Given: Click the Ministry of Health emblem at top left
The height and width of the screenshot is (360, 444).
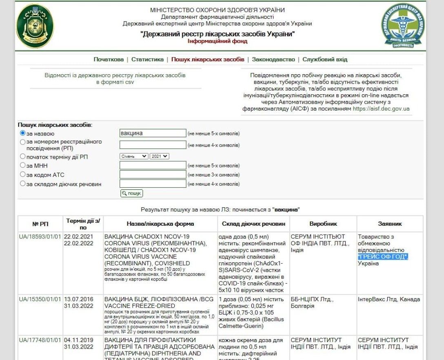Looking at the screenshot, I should pos(35,26).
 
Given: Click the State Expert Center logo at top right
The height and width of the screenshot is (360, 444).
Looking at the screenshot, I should pos(402,26).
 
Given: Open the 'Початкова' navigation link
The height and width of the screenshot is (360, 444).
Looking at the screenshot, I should pos(109,60).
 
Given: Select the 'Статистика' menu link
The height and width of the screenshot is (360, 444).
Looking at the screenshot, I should pos(147,60).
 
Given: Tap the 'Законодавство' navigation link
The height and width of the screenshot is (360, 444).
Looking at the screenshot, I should pos(273,60).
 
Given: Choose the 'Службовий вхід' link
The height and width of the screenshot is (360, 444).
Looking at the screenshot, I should pos(325,60).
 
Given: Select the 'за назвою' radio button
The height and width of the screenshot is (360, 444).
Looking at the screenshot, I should pos(23,133).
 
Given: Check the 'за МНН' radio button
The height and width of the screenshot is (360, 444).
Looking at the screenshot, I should pos(23,165).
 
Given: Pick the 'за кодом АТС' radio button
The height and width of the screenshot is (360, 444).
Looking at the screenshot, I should pos(23,175).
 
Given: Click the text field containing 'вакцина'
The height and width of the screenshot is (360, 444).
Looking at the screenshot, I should pos(153,133).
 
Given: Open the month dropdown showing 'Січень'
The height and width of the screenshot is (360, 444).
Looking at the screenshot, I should pos(134,156).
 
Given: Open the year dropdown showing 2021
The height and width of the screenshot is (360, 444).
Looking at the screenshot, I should pos(159,156).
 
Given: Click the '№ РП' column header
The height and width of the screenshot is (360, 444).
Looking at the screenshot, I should pos(40,224).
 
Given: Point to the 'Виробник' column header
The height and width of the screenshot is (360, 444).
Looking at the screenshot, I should pos(323,224).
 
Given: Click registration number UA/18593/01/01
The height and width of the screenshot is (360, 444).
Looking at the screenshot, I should pos(40,237).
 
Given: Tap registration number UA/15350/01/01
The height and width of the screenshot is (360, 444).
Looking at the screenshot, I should pos(40,300).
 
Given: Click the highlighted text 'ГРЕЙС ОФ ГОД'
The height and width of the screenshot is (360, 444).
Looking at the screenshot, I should pos(383,257).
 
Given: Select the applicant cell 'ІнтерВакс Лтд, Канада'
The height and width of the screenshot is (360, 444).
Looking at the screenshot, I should pos(388,300).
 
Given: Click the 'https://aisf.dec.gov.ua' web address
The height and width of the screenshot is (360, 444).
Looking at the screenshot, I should pos(381,109).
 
